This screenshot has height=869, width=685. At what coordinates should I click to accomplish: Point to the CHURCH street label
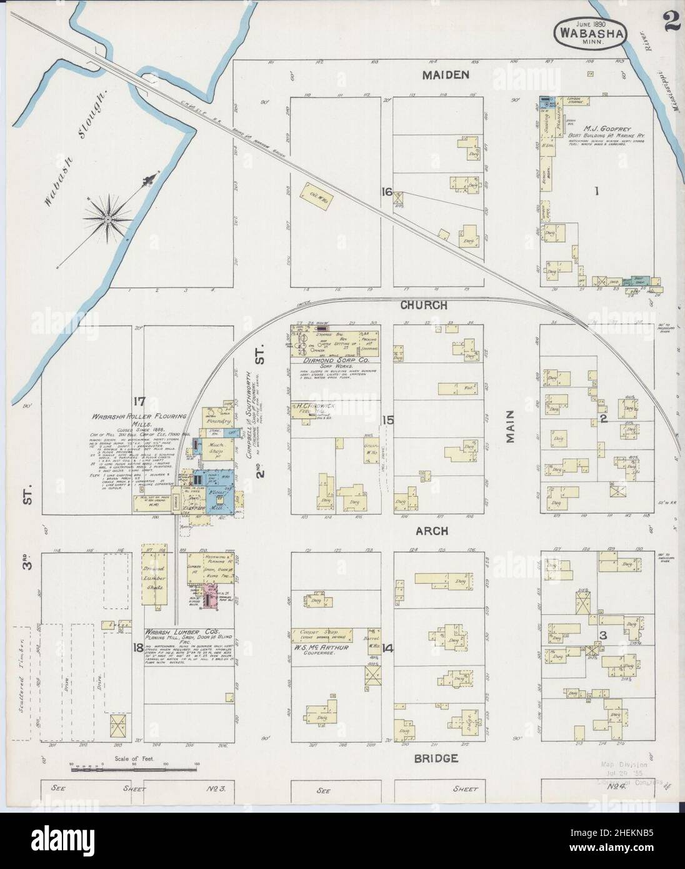[x=424, y=306]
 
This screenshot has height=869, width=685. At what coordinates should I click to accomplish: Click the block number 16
[x=387, y=193]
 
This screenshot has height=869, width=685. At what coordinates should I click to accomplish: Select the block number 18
[x=137, y=647]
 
